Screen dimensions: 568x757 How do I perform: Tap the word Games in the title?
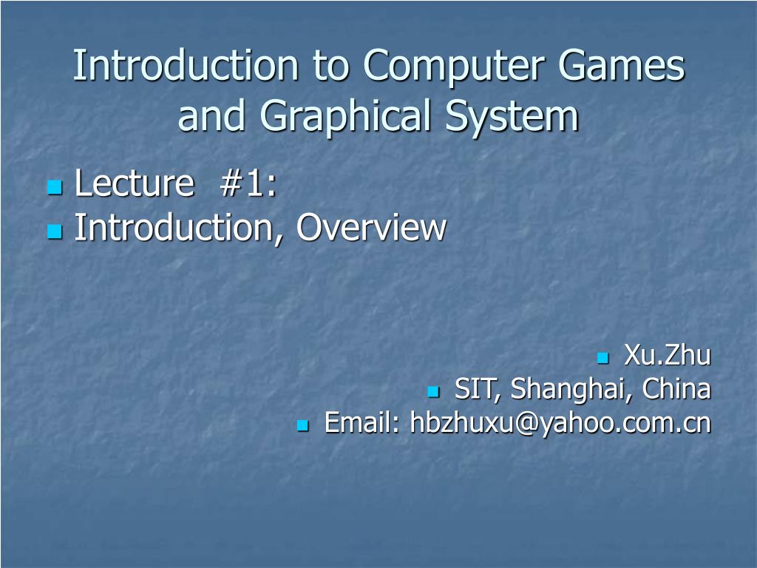click(x=622, y=67)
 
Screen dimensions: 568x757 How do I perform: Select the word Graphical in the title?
click(x=348, y=117)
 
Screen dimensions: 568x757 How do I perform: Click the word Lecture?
click(x=134, y=183)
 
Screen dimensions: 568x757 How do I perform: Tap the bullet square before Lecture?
click(x=54, y=188)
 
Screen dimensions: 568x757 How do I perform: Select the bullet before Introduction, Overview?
click(x=54, y=232)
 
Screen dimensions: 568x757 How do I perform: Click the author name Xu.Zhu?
click(x=668, y=356)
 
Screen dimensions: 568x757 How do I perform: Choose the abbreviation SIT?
click(x=475, y=388)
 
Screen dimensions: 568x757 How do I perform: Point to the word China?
click(x=676, y=388)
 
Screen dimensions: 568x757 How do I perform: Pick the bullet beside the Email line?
click(x=302, y=426)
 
